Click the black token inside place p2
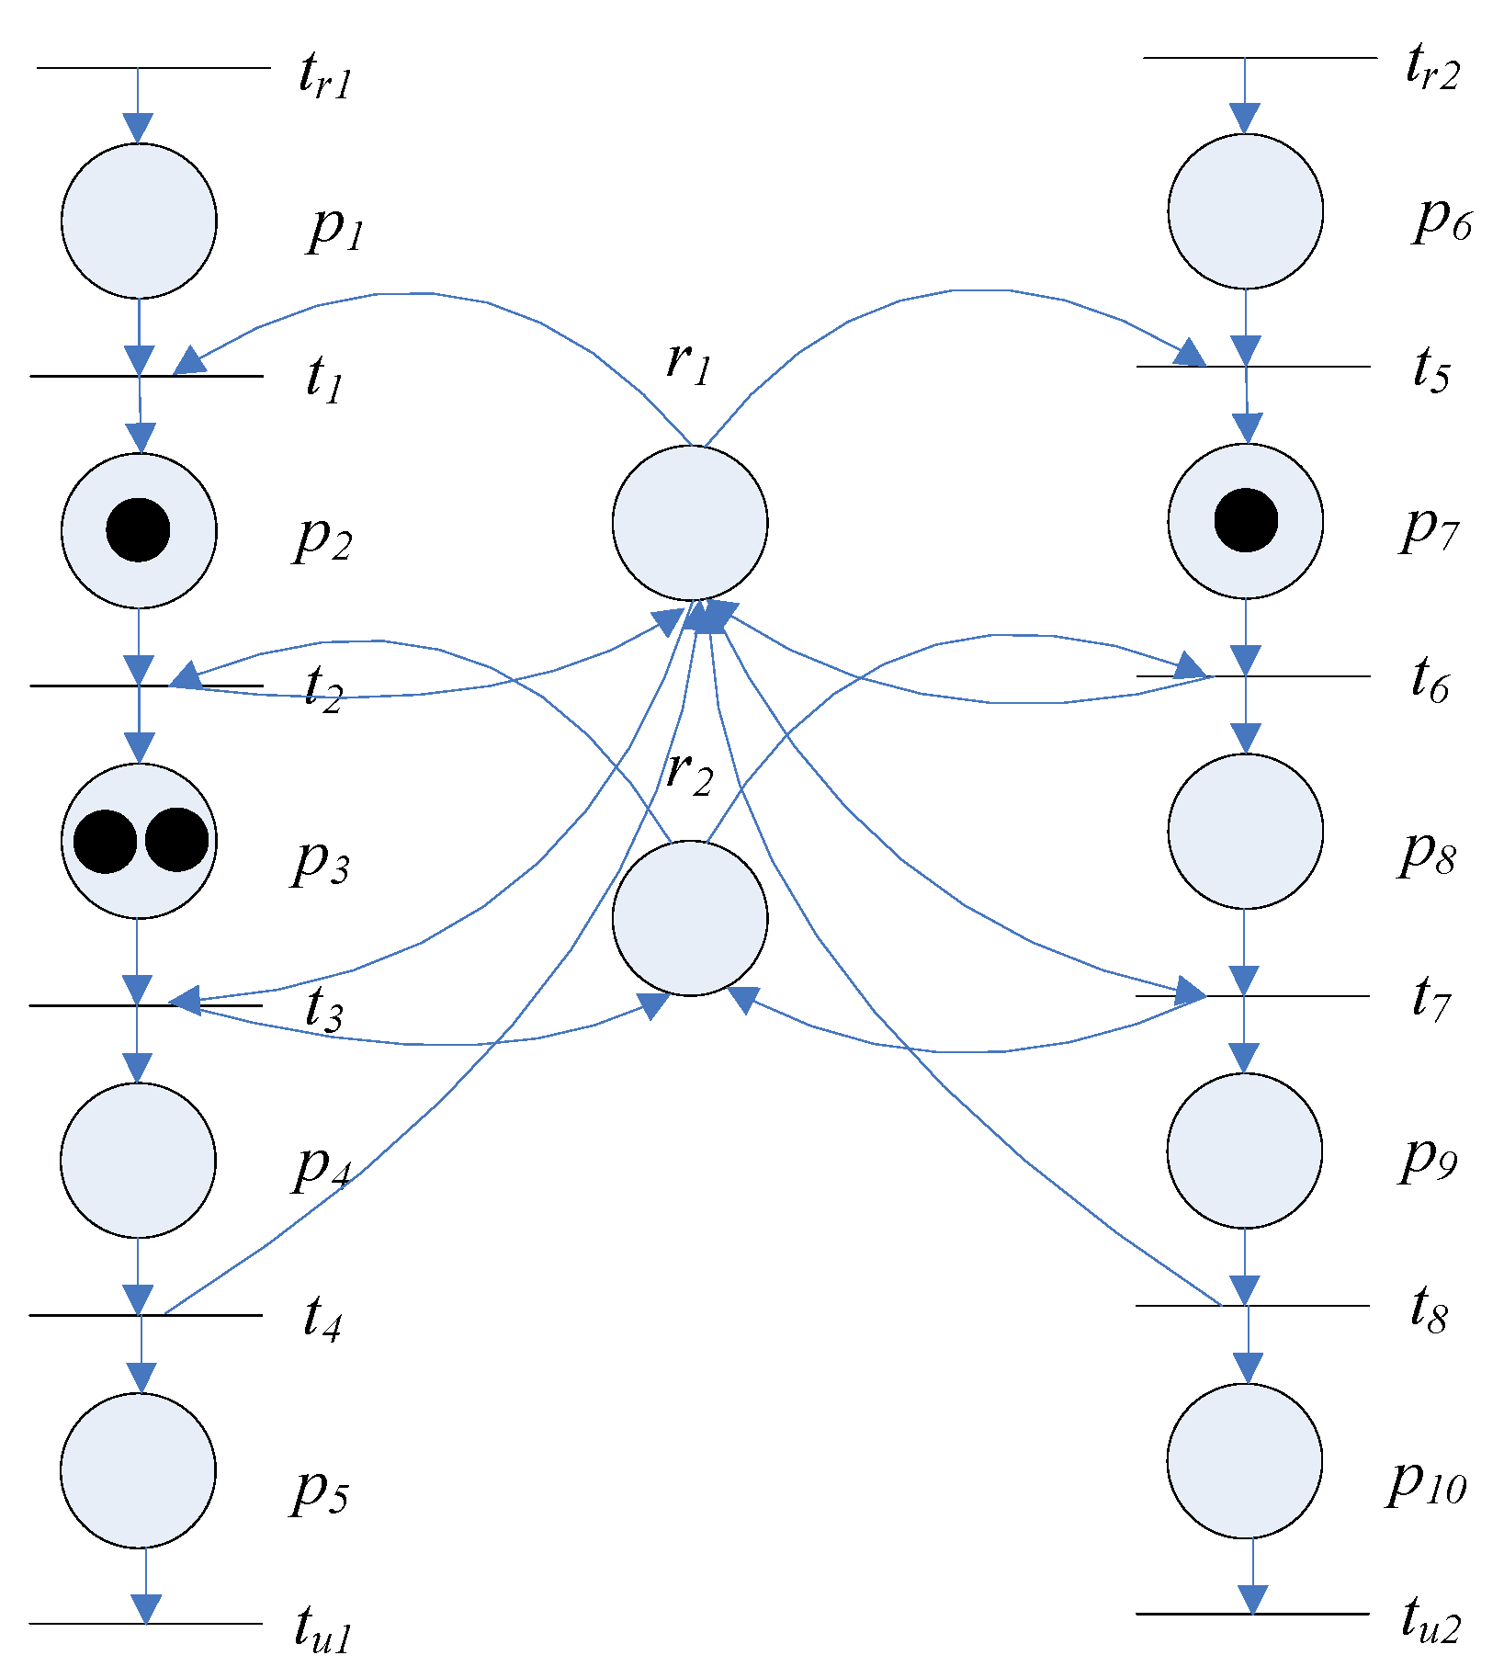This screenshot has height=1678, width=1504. (x=138, y=530)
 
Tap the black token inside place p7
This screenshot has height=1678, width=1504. (x=1246, y=520)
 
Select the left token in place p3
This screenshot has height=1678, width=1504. (x=105, y=841)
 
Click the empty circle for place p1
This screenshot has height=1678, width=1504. (x=139, y=221)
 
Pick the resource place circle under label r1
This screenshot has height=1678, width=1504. (x=690, y=522)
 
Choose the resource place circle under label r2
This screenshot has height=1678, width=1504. (x=690, y=917)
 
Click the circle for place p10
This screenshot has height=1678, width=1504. (x=1245, y=1460)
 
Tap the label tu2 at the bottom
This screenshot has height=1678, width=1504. (x=1430, y=1618)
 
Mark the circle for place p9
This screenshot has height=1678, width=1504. (x=1245, y=1150)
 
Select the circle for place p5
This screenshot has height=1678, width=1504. (x=139, y=1469)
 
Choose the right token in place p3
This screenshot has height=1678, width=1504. (x=176, y=840)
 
